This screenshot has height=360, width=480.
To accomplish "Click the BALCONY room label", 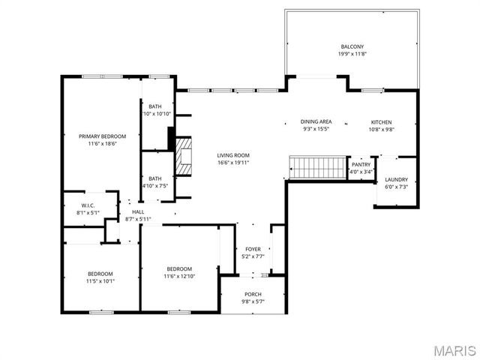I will [x=351, y=46].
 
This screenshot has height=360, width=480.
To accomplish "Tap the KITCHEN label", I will [x=381, y=121].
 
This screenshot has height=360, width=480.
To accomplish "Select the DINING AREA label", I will [x=316, y=121].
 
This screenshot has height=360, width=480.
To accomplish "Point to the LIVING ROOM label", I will [x=233, y=154].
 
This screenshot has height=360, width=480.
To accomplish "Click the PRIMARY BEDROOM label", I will [x=103, y=136].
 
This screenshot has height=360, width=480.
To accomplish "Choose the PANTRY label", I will [x=361, y=164].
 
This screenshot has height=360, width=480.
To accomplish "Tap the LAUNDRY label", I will [x=396, y=179].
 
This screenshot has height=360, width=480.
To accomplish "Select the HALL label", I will [x=138, y=212].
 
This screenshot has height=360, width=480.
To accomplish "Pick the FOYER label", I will [x=253, y=249].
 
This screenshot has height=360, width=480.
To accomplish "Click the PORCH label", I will [x=253, y=294].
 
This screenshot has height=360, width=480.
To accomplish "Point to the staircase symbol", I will [x=316, y=167].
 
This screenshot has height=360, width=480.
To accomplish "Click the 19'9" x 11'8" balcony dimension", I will [x=351, y=54].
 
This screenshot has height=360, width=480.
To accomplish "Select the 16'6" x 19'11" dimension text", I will [x=233, y=162].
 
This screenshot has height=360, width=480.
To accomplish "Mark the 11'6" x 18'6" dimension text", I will [x=103, y=143].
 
